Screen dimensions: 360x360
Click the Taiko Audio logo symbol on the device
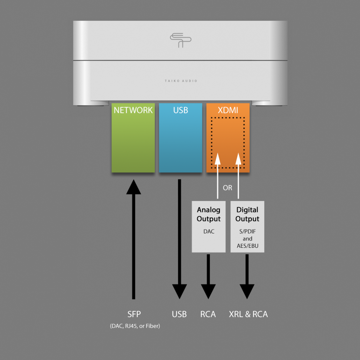click(180, 40)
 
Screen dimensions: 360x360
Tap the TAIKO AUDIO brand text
click(181, 81)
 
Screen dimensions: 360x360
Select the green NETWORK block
click(133, 138)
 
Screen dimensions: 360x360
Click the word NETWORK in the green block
click(133, 110)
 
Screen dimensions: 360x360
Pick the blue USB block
click(180, 138)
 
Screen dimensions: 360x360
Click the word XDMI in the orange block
click(228, 110)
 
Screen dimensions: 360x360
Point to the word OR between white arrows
click(228, 188)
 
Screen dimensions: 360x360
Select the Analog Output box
click(208, 226)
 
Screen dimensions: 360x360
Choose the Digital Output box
click(247, 226)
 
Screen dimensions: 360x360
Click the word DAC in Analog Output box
click(209, 231)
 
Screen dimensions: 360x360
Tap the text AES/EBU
click(247, 246)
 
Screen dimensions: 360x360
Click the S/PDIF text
click(247, 231)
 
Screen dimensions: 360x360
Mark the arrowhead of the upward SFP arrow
click(134, 187)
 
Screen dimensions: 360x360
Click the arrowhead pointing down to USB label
click(180, 291)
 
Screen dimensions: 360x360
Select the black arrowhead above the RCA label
click(208, 291)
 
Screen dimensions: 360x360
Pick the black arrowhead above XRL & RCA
click(247, 291)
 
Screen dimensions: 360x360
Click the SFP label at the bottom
click(134, 314)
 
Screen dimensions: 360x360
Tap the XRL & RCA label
click(249, 314)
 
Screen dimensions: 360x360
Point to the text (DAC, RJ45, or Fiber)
click(135, 326)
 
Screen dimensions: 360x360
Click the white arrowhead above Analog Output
click(218, 159)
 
